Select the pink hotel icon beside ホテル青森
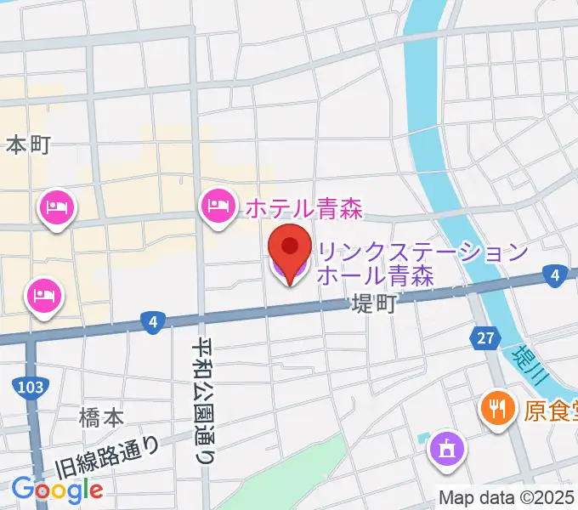(x=218, y=205)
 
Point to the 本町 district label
(x=29, y=145)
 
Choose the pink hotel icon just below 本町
(x=56, y=207)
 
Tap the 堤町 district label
(x=374, y=305)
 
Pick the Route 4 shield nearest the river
(x=554, y=275)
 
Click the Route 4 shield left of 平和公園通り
(x=152, y=321)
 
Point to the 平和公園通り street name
(x=204, y=399)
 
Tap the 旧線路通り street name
(x=107, y=457)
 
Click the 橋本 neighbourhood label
(x=101, y=417)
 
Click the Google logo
(x=58, y=489)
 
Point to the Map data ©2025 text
(x=507, y=498)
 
